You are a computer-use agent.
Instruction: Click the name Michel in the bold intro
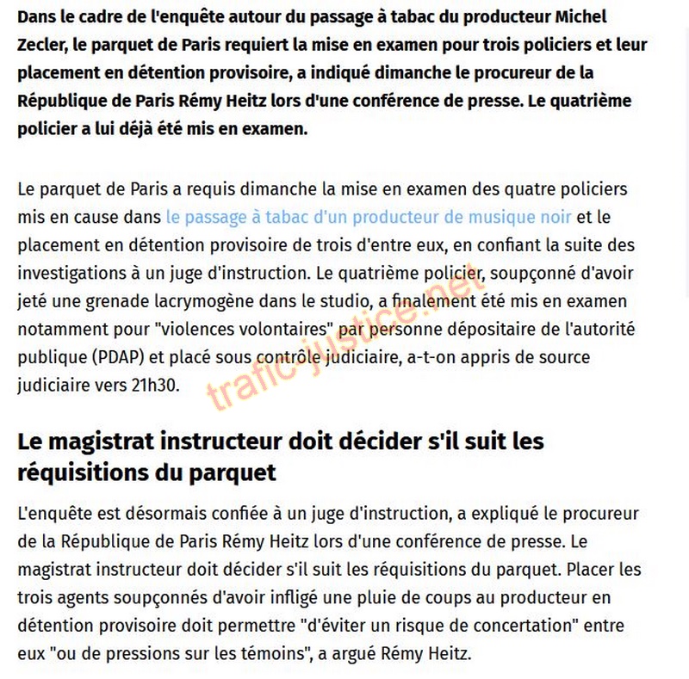tap(579, 17)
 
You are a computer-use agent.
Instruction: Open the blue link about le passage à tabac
tap(368, 217)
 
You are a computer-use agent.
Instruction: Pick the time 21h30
tap(157, 385)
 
